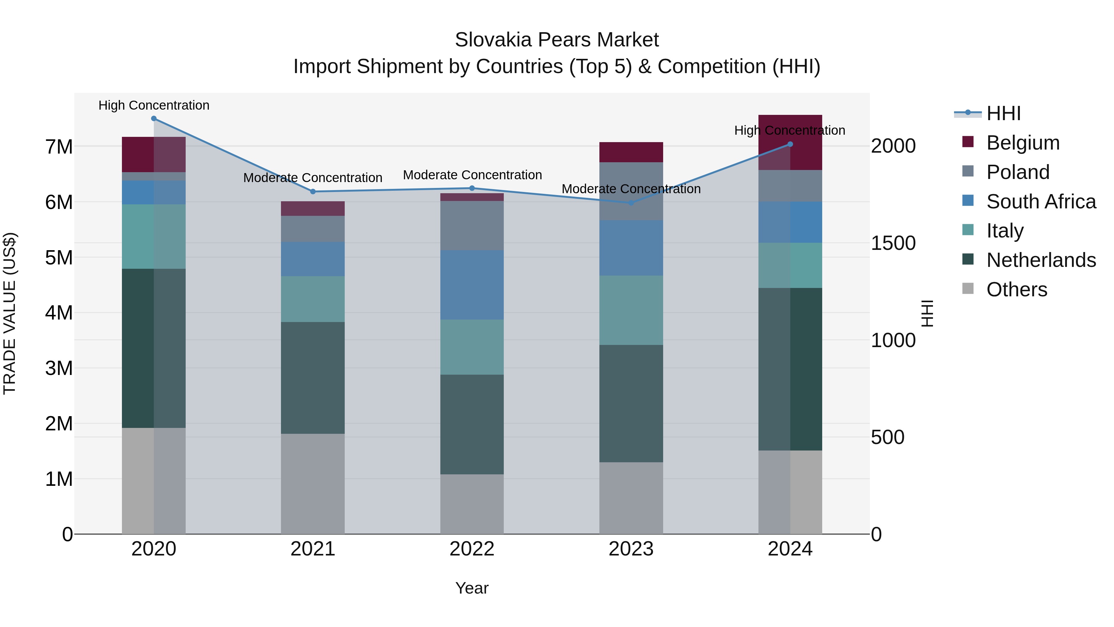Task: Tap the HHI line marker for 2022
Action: [472, 188]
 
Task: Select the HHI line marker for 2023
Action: [631, 203]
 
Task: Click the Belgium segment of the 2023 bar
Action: [631, 152]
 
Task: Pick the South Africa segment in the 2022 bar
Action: [472, 285]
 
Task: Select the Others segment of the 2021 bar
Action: [313, 484]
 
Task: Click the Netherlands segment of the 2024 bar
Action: [790, 369]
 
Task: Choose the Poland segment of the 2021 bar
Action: [313, 229]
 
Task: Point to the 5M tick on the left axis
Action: [59, 258]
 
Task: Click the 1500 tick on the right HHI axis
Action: [893, 243]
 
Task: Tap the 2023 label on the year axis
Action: [631, 549]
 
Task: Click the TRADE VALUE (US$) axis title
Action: [10, 313]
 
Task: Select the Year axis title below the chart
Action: [472, 588]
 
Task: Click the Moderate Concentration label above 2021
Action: [313, 178]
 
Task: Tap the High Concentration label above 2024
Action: [790, 130]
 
